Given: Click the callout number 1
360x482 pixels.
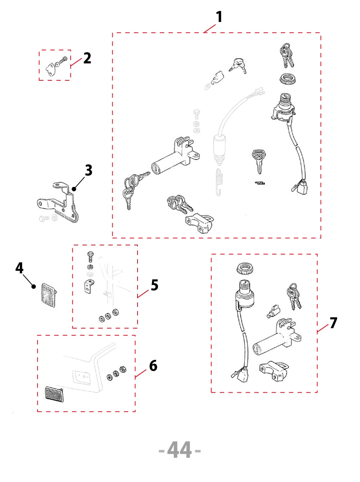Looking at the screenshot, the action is [219, 17].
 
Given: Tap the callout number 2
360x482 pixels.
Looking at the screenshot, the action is [87, 58].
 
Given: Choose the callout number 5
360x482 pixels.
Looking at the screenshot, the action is [154, 285].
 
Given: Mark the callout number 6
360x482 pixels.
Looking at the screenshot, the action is [153, 366].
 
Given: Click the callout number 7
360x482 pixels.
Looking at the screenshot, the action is [333, 323].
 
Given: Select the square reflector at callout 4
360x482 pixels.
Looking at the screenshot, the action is [49, 295].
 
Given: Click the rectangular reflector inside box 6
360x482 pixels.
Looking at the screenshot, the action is [54, 394].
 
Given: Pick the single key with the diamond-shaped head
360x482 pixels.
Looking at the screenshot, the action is [258, 161].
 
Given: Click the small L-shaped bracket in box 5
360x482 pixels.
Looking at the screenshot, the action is [89, 286].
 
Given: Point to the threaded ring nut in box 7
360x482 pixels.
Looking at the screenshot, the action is [245, 268].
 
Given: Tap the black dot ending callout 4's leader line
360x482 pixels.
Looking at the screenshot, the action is [33, 286].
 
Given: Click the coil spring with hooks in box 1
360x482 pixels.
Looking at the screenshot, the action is [219, 182].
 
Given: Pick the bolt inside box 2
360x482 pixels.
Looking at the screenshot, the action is [63, 59].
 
